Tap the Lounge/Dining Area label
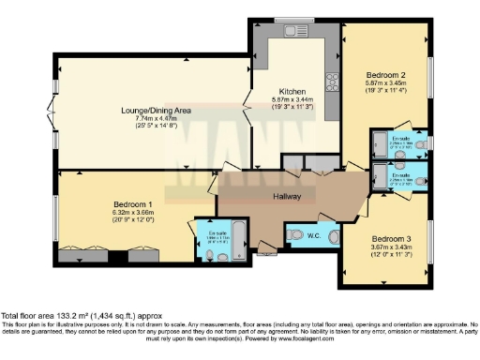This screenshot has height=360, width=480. point(156,111)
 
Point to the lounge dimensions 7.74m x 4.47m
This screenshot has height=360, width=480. point(156,119)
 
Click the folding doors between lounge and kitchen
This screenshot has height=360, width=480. point(247,111)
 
